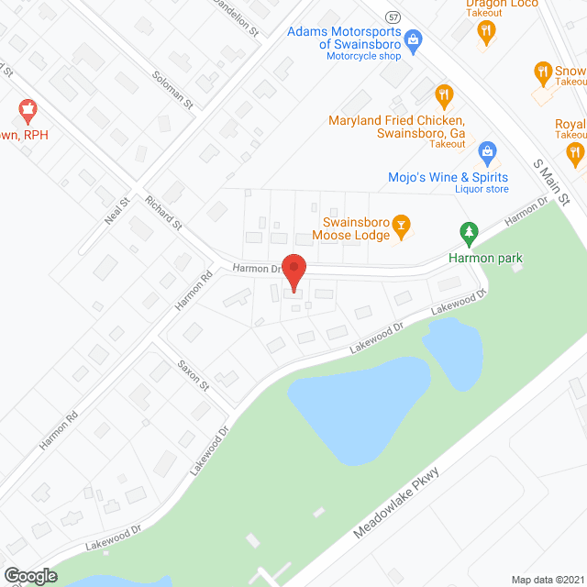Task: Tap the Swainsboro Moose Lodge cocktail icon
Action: (x=400, y=224)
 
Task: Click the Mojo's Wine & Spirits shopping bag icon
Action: (x=487, y=150)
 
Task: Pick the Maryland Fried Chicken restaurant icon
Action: (x=444, y=94)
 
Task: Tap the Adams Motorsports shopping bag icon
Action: (x=414, y=39)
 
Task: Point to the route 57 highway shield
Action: (x=393, y=17)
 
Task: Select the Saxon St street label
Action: (x=194, y=374)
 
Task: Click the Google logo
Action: (x=30, y=575)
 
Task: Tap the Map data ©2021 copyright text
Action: (x=546, y=579)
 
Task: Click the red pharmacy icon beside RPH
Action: (x=28, y=113)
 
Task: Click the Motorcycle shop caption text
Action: (x=363, y=56)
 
